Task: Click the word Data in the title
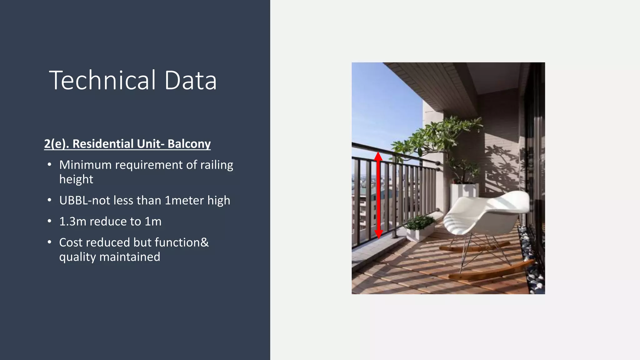click(190, 80)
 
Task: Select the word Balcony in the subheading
click(189, 144)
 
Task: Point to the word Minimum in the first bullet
click(85, 165)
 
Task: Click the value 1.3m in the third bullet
click(72, 221)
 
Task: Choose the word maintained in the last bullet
click(129, 257)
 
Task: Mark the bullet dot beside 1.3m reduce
click(49, 221)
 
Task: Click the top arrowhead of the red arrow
click(378, 156)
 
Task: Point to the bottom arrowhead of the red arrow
click(378, 234)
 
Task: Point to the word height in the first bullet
click(76, 179)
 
